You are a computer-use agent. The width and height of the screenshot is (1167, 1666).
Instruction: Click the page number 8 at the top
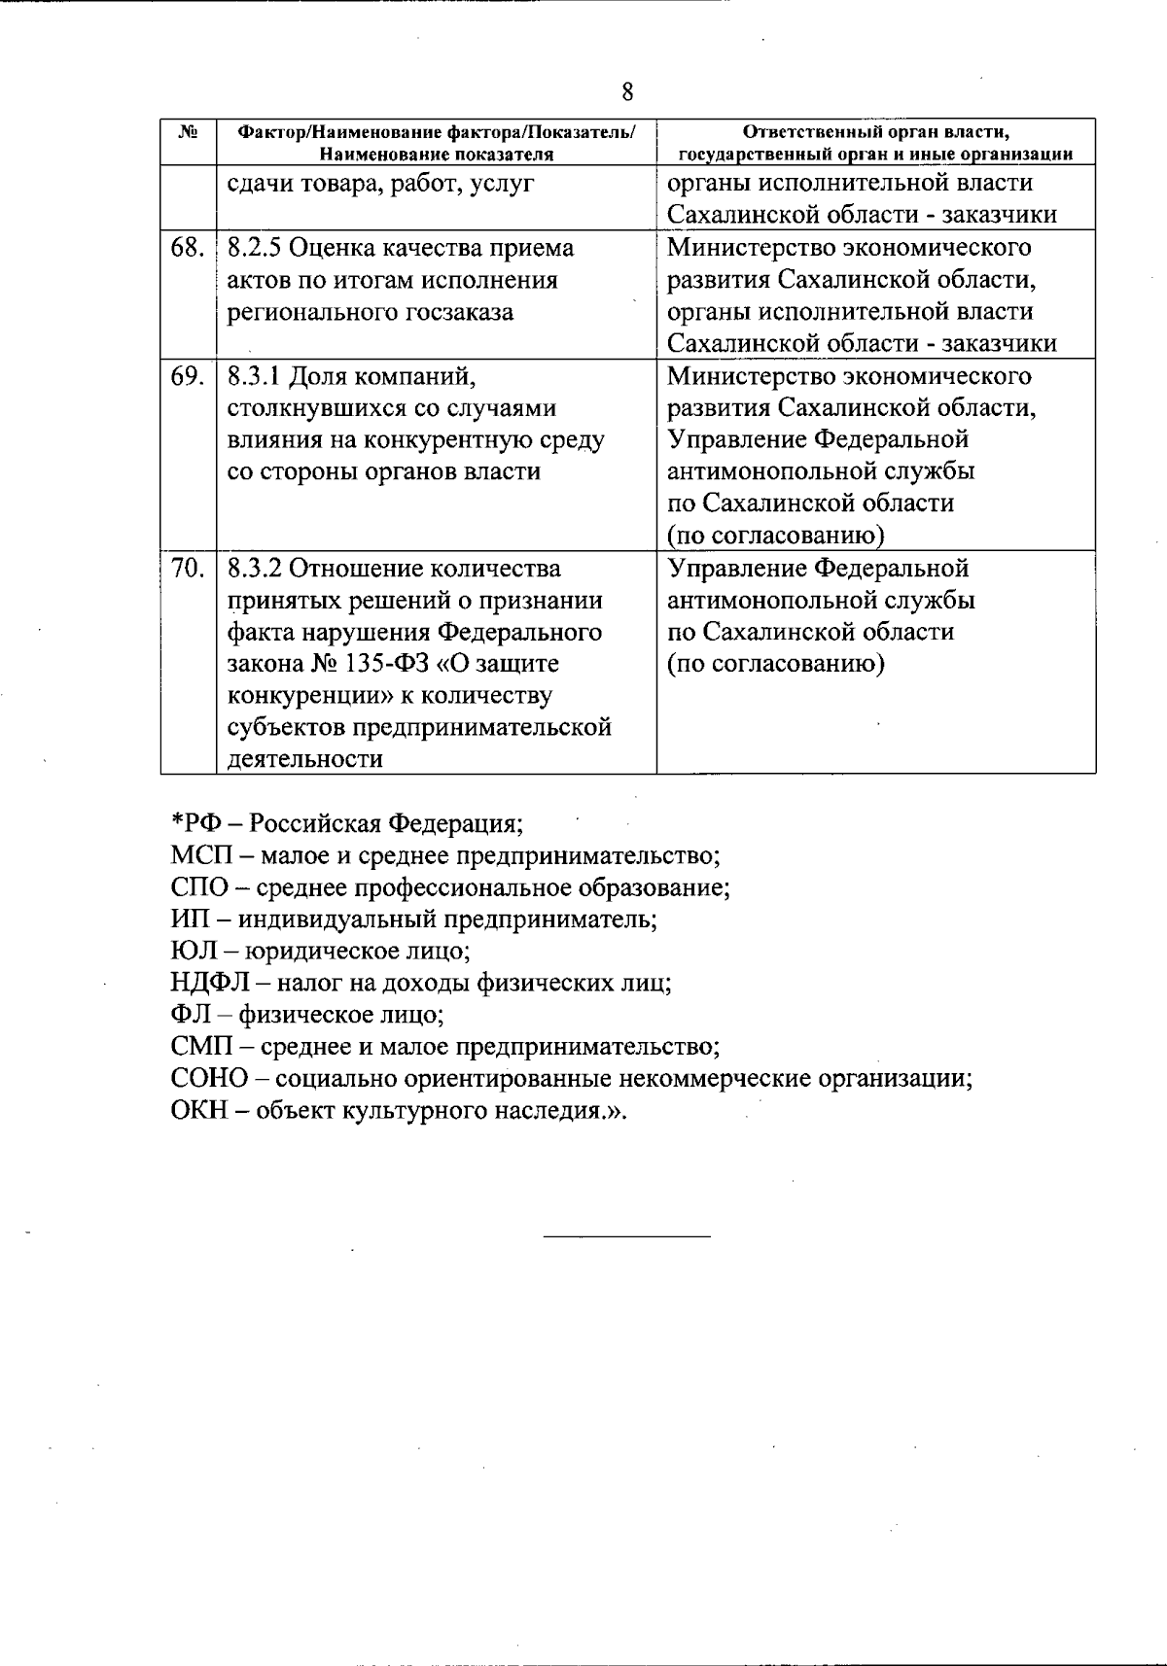(x=627, y=92)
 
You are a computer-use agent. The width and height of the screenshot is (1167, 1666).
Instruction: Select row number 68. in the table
(x=187, y=248)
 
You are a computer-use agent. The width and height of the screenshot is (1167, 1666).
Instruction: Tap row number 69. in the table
(x=187, y=376)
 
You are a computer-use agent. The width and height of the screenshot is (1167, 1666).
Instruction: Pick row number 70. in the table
(x=187, y=569)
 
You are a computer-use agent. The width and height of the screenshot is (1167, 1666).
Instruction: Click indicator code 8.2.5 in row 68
(x=255, y=248)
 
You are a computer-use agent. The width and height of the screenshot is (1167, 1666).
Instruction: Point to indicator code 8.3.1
(x=255, y=376)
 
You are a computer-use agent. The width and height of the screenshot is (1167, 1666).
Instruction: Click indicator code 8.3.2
(x=255, y=569)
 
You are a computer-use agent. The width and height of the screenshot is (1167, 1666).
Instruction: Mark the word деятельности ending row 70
(x=304, y=760)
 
